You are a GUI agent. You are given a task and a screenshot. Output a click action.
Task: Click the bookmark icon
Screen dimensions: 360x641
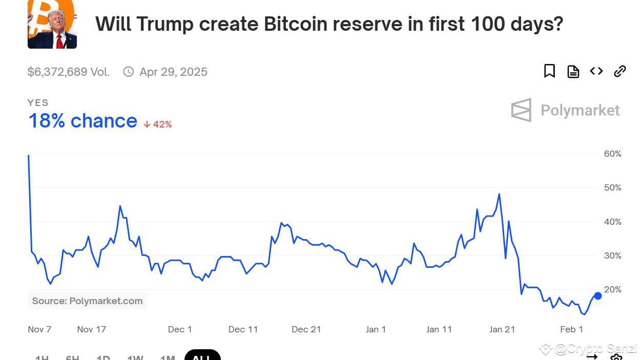(549, 71)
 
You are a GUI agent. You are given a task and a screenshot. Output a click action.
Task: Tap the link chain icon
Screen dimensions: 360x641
(620, 71)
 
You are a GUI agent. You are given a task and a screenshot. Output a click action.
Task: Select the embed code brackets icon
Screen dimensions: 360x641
(596, 71)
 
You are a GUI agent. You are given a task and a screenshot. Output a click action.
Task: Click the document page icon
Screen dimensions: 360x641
(573, 72)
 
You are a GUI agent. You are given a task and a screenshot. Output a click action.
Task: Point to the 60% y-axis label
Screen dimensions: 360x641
(612, 154)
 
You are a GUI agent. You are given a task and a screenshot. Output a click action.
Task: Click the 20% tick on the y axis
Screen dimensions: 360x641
(612, 289)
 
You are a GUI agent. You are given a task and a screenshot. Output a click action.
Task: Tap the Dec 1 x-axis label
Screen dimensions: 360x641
(180, 329)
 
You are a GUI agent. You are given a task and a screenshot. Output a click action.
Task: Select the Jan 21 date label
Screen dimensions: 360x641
(502, 329)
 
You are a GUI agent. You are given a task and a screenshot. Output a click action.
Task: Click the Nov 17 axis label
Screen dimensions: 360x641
(92, 329)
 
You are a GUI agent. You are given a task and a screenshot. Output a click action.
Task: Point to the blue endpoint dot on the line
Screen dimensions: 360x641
(597, 295)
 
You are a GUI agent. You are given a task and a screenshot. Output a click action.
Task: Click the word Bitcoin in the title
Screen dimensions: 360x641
(298, 24)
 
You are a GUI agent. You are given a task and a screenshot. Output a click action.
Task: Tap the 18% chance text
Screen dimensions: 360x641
(83, 121)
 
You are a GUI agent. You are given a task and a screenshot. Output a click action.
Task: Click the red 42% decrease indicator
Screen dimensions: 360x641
(158, 124)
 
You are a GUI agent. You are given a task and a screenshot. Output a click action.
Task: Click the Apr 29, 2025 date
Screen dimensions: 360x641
(173, 72)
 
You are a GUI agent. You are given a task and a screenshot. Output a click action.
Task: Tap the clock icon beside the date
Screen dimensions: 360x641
(129, 72)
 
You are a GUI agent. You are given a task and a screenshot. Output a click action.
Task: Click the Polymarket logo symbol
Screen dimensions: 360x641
(521, 110)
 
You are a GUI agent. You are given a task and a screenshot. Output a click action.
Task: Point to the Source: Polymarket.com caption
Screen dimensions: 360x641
(87, 301)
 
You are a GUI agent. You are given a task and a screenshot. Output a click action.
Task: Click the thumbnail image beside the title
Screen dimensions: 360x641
(52, 24)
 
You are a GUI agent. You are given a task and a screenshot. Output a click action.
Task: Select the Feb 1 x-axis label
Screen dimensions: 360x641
(571, 329)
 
